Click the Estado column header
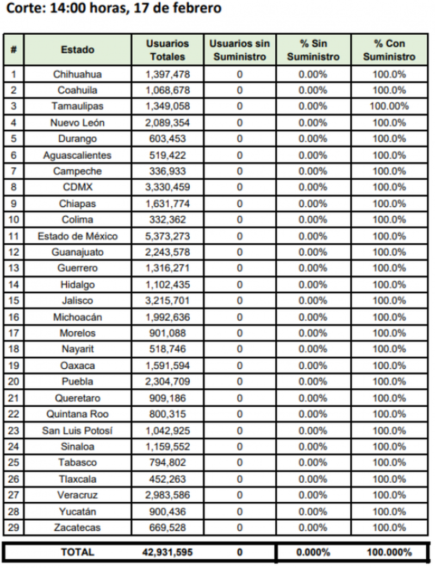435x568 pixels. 77,49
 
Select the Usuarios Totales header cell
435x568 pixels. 167,49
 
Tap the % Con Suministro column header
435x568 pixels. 389,49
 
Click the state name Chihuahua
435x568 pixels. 77,74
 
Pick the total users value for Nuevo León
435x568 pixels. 167,123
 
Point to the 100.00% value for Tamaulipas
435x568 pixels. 389,106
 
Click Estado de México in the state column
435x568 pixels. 77,236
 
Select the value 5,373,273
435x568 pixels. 167,236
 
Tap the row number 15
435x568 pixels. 14,301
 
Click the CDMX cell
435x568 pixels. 77,187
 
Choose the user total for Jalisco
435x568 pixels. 167,301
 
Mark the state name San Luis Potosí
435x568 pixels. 77,431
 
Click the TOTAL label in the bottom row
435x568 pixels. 77,552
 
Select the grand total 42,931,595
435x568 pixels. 167,552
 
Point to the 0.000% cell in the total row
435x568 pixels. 313,552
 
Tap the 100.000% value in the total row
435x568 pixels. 389,552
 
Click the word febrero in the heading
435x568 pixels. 197,9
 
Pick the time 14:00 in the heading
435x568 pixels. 62,9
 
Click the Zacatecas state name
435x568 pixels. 77,528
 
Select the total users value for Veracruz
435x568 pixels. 167,495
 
